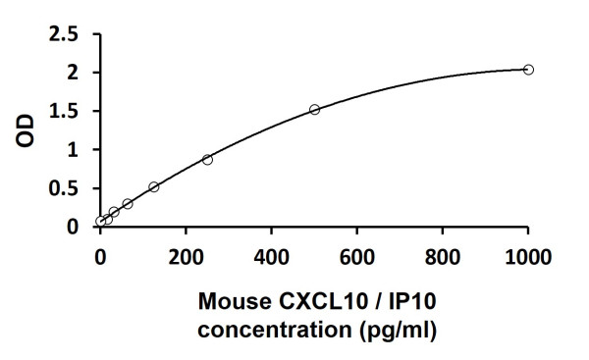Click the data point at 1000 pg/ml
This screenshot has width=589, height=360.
point(528,70)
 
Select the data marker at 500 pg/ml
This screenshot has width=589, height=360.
point(314,109)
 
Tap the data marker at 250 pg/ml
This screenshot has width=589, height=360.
point(207,159)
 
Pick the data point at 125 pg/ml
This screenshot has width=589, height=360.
point(154,186)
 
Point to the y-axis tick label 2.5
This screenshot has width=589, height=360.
point(65,34)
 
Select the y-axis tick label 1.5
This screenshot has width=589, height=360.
point(65,111)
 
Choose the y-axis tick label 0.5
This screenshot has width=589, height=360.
point(65,188)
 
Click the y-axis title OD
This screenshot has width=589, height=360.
point(27,130)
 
